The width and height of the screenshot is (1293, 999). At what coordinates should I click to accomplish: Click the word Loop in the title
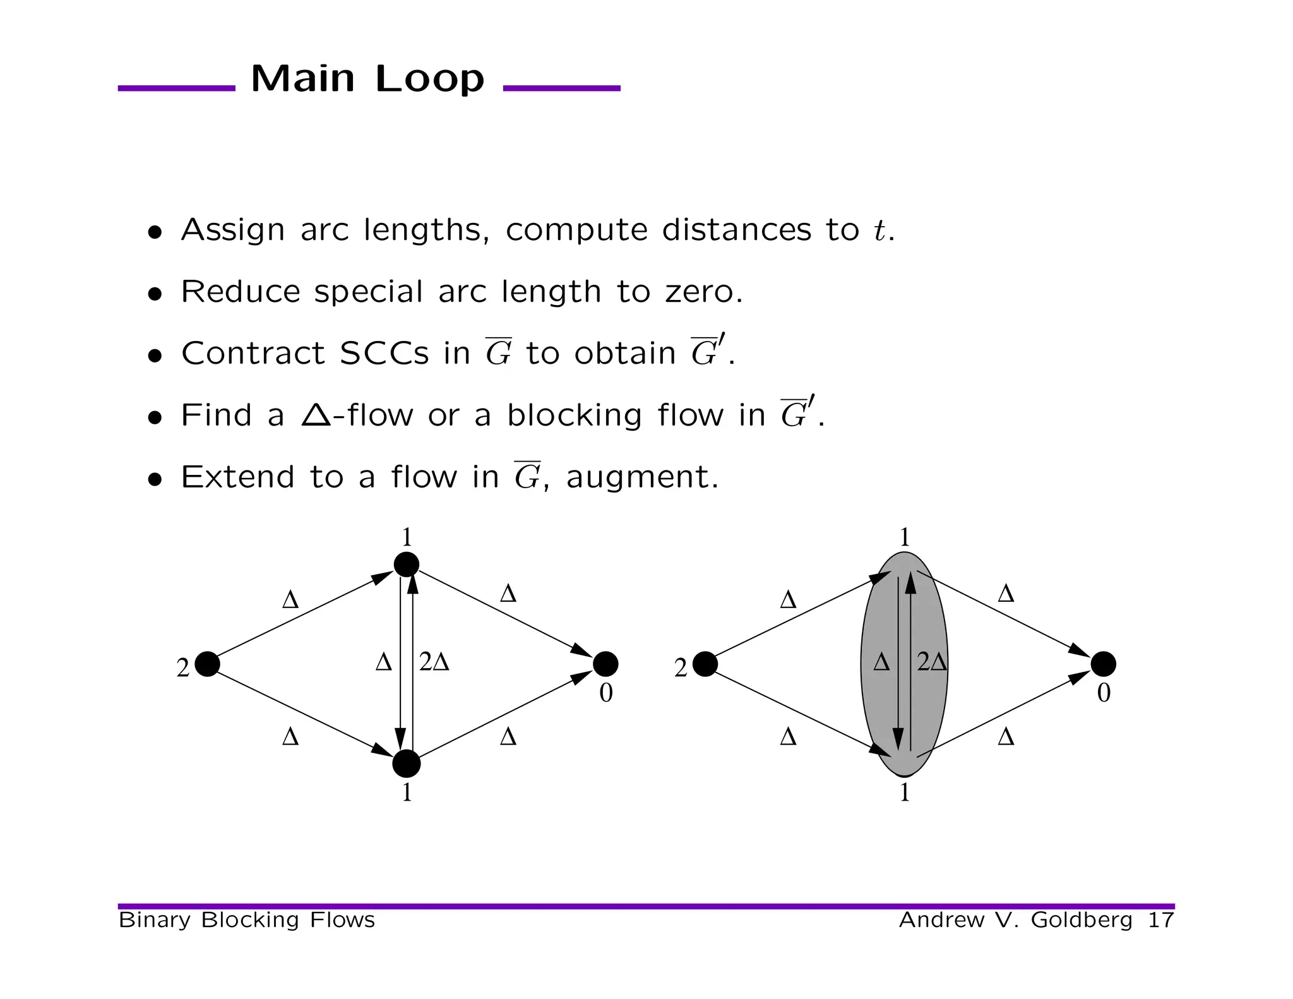429,79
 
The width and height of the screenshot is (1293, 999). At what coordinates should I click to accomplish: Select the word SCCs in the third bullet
384,353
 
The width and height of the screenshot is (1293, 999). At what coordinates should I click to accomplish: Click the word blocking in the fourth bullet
574,415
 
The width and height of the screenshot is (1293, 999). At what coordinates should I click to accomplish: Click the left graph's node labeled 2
207,664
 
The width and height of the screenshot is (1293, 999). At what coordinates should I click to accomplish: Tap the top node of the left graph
407,564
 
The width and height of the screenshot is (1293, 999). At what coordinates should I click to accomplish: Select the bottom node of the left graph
407,764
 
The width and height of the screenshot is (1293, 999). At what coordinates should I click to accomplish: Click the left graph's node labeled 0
605,664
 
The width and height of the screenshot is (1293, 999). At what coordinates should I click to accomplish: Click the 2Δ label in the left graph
434,662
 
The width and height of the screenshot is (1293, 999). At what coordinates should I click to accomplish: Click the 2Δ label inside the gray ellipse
932,662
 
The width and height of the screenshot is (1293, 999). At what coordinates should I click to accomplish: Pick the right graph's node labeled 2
705,664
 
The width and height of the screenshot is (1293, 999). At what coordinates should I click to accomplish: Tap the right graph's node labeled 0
1104,664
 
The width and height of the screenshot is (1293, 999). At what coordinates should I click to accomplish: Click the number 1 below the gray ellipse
905,793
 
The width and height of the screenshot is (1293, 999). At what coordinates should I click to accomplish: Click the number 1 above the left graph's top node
407,537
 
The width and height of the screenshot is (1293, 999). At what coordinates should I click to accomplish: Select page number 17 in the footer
1160,920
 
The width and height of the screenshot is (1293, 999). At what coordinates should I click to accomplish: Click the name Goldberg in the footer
1081,920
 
